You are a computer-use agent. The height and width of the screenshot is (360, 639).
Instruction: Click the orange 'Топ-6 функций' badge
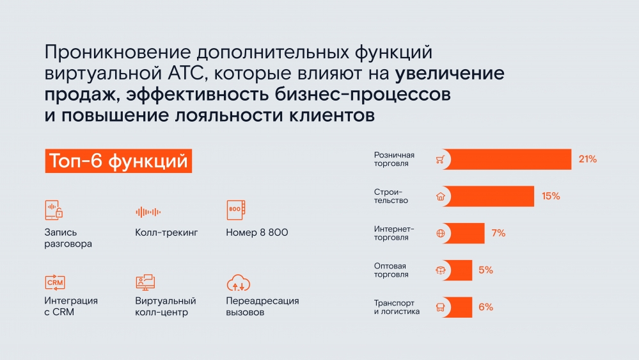(118, 161)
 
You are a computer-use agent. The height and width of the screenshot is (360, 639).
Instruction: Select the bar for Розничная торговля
(507, 160)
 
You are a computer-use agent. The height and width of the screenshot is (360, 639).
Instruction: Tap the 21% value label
(588, 160)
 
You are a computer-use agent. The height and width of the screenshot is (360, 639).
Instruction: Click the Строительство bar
(488, 196)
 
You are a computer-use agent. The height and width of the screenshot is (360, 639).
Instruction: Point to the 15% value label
(551, 196)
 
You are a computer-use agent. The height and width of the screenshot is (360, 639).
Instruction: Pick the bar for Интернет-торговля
(464, 233)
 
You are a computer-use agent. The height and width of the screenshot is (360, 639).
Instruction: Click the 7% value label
(498, 233)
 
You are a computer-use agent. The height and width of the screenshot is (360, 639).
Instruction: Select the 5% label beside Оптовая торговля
(485, 270)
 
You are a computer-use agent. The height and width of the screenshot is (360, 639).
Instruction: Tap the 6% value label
(485, 307)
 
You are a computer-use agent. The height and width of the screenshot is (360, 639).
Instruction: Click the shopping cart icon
(440, 160)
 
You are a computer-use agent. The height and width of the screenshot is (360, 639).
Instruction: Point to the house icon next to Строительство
(441, 196)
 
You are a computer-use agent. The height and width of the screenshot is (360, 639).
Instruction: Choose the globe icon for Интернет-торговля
(441, 233)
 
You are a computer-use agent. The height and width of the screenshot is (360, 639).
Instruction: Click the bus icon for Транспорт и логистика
(441, 307)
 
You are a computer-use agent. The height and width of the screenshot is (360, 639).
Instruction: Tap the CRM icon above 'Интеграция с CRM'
(55, 282)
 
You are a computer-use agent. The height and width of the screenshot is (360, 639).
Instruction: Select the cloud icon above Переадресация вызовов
(238, 283)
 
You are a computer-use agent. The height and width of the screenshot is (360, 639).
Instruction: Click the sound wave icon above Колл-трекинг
(148, 212)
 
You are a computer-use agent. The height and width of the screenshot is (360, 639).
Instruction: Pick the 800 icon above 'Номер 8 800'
(236, 210)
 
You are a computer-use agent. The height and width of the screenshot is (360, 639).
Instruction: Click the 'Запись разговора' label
(68, 238)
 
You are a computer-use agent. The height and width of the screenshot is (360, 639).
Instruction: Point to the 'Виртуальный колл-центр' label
(166, 307)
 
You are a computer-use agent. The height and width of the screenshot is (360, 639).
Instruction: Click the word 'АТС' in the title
(185, 74)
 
